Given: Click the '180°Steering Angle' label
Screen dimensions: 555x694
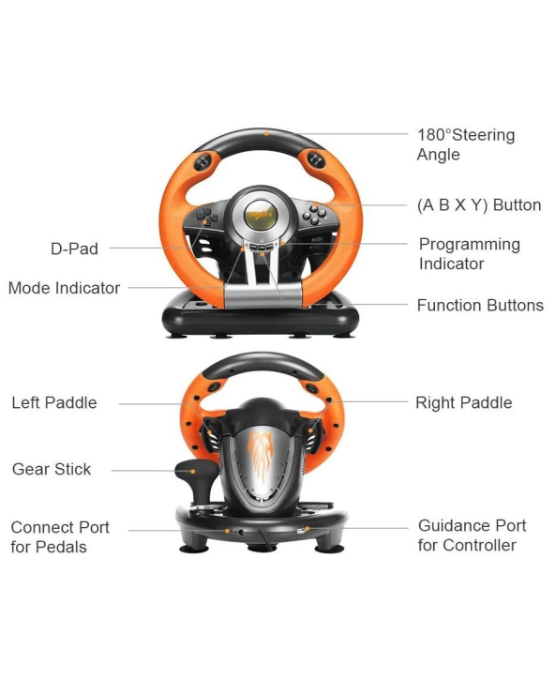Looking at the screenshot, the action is pyautogui.click(x=466, y=144).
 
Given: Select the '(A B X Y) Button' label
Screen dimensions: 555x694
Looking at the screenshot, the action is pyautogui.click(x=479, y=205).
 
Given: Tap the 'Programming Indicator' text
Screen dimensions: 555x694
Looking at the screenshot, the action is pyautogui.click(x=470, y=254).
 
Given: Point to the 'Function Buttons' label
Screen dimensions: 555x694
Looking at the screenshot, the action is pyautogui.click(x=480, y=305).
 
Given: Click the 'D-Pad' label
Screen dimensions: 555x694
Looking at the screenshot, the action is pyautogui.click(x=74, y=249).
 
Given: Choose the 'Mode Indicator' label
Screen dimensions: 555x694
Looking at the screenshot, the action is pyautogui.click(x=64, y=288).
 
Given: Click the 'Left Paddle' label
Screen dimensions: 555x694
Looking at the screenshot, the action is pyautogui.click(x=54, y=402).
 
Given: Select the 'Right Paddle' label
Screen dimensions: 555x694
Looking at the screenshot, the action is pyautogui.click(x=464, y=402).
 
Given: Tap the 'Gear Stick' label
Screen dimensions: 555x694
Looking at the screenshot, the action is pyautogui.click(x=52, y=469).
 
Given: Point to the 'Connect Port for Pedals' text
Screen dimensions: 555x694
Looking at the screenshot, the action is pyautogui.click(x=60, y=536).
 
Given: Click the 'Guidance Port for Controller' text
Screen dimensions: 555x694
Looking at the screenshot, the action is pyautogui.click(x=472, y=536).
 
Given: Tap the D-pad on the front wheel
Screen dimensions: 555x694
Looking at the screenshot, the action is pyautogui.click(x=207, y=217).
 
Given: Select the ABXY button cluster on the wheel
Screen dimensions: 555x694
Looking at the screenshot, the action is pyautogui.click(x=314, y=214).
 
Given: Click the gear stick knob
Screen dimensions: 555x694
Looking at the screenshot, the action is pyautogui.click(x=194, y=469).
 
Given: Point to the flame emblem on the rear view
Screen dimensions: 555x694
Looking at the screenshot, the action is pyautogui.click(x=262, y=457).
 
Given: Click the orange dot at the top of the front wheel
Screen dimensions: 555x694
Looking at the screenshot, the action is pyautogui.click(x=266, y=133).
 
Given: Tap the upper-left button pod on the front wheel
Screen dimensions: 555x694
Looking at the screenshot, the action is pyautogui.click(x=203, y=162).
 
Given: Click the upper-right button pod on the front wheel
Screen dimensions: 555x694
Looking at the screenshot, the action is pyautogui.click(x=316, y=159).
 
